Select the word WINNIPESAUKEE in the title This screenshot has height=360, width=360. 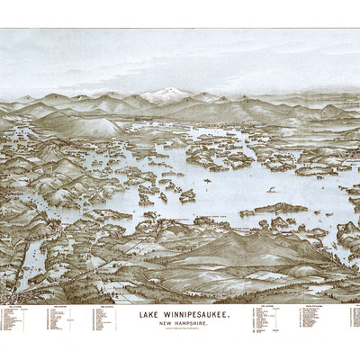click(192, 314)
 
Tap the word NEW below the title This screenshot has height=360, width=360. click(161, 322)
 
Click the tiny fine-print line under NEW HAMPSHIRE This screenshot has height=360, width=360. click(178, 328)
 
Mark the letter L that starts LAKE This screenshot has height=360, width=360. click(139, 314)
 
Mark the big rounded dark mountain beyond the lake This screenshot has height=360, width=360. click(90, 126)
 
